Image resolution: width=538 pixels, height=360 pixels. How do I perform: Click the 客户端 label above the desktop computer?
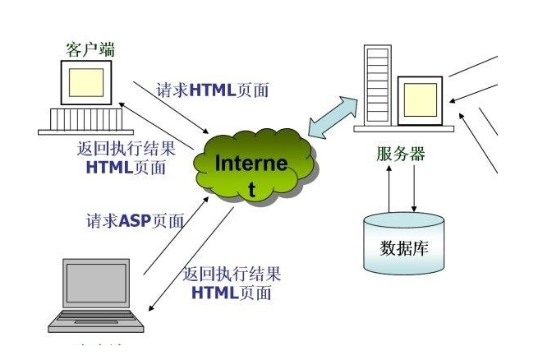click(90, 48)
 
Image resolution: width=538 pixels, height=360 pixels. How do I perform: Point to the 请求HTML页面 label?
click(213, 90)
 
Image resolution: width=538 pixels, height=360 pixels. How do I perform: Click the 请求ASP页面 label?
click(135, 221)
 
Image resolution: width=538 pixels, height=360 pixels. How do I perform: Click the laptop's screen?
click(96, 284)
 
